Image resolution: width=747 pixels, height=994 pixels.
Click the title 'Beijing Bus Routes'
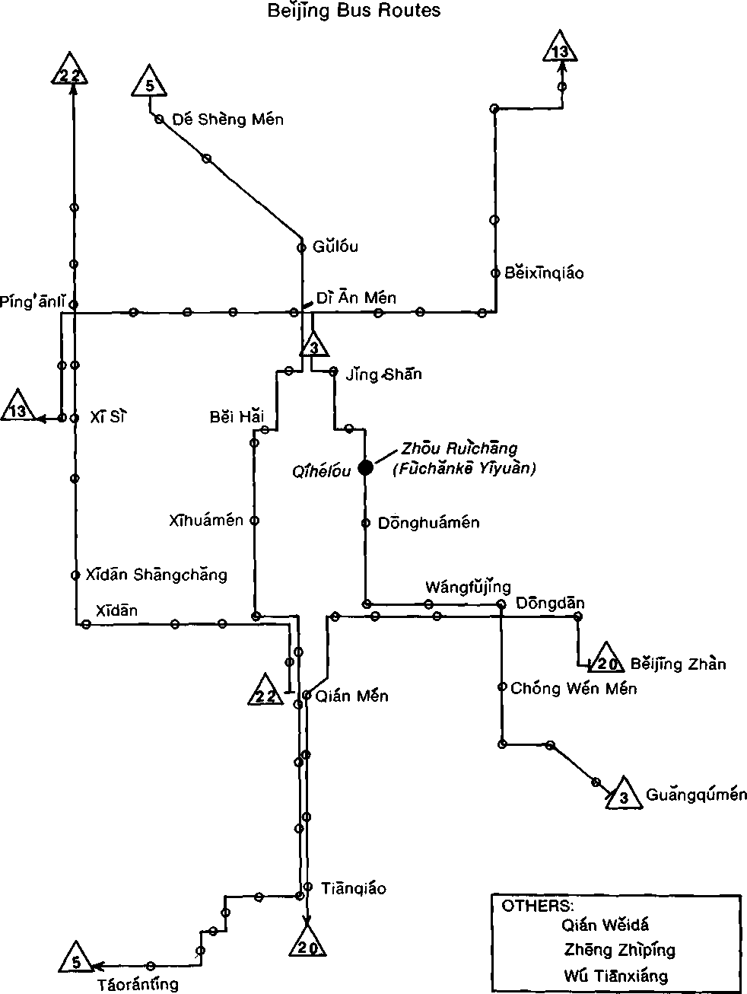[354, 11]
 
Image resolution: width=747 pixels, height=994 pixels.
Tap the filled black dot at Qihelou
[366, 467]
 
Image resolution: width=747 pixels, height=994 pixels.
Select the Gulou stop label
[335, 247]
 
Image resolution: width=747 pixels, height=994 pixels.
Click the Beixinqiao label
[544, 272]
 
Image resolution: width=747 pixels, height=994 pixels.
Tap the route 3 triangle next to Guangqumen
[625, 795]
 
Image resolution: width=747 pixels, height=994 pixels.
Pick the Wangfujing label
[467, 587]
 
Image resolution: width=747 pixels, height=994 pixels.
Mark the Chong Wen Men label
[574, 689]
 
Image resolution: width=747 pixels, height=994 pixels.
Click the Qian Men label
[351, 696]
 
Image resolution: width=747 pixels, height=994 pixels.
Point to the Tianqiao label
[353, 888]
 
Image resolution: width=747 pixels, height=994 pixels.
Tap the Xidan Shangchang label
[156, 575]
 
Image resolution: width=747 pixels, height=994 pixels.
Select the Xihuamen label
[206, 521]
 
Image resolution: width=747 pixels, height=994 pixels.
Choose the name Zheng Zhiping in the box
[619, 950]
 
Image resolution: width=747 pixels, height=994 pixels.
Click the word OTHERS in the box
[536, 906]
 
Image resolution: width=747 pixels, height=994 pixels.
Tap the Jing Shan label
[383, 374]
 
